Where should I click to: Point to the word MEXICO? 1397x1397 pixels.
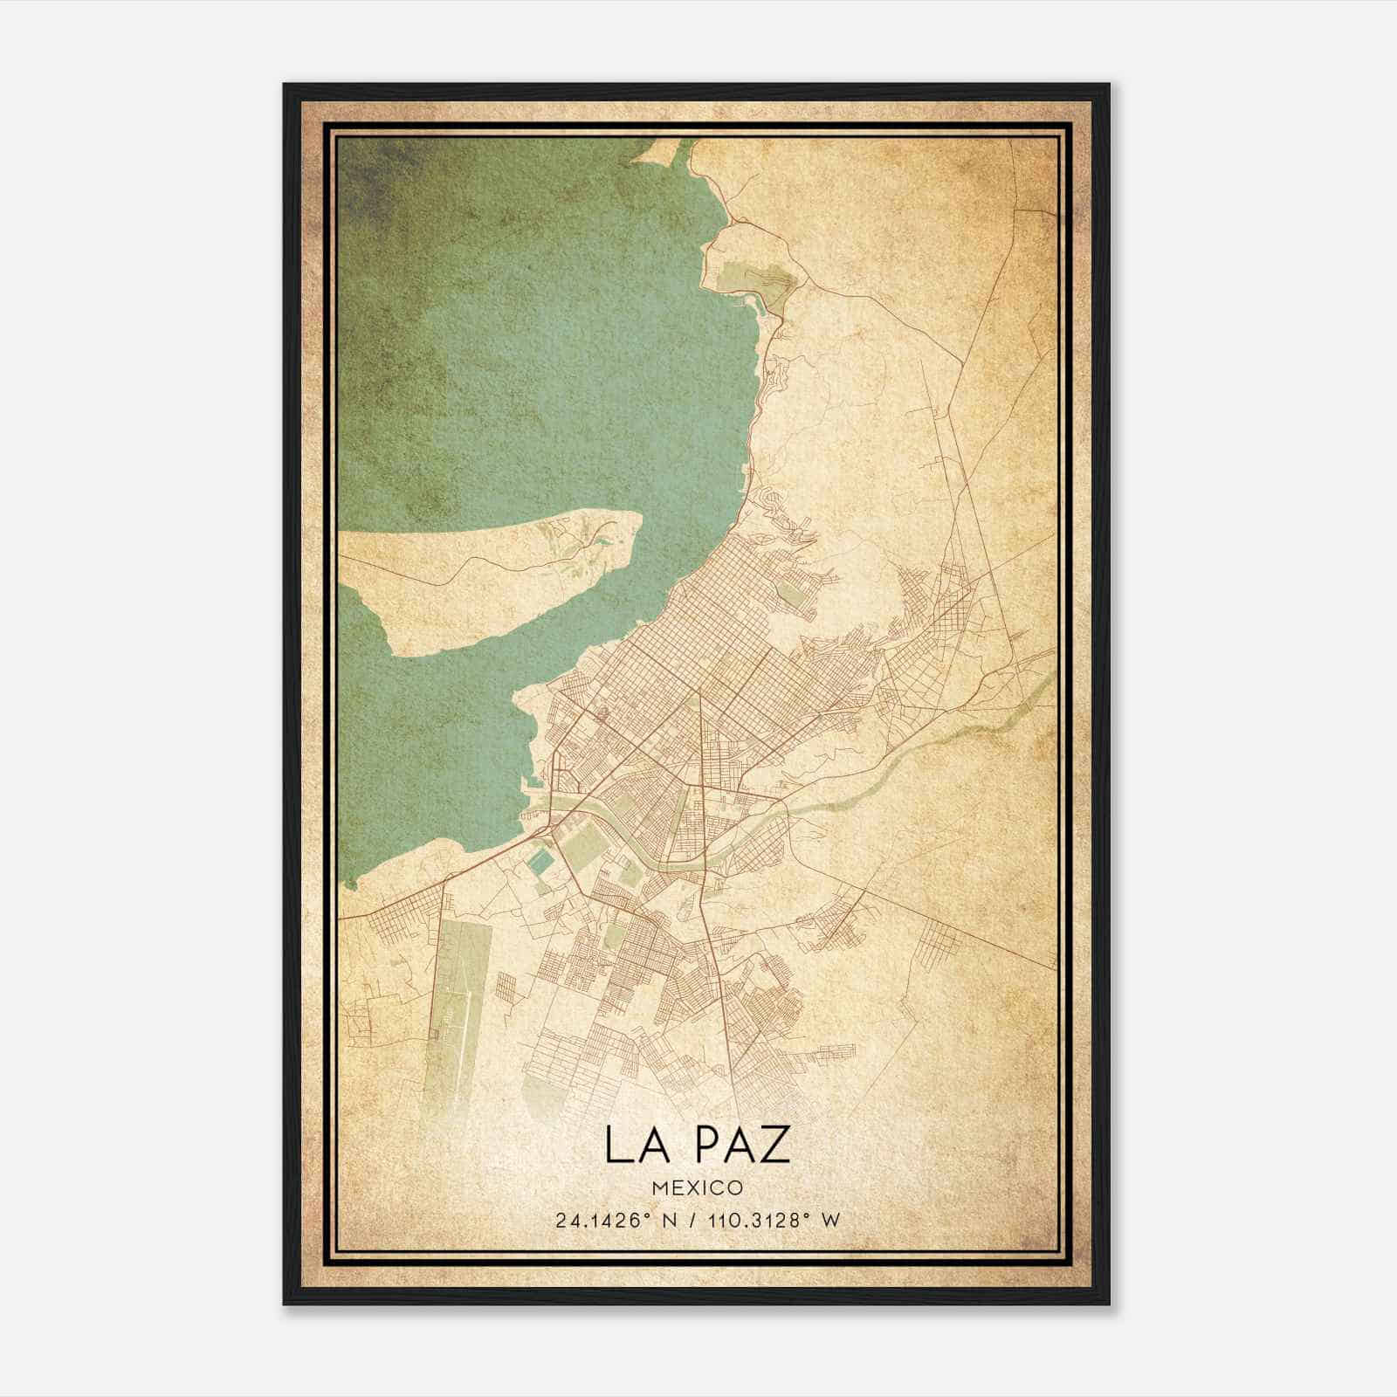click(698, 1188)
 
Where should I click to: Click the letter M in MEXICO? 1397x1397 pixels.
click(658, 1188)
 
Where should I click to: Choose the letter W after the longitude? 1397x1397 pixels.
click(830, 1220)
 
